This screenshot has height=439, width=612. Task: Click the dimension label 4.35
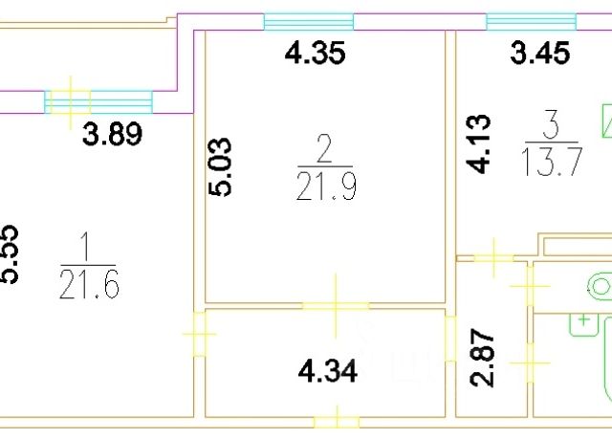[x=315, y=54]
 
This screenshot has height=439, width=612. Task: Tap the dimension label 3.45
[x=541, y=54]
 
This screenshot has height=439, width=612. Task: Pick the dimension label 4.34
[x=328, y=371]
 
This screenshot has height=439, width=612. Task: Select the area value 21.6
[x=89, y=284]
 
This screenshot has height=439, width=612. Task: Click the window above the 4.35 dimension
[x=308, y=22]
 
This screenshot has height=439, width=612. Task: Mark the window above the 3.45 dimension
[x=532, y=21]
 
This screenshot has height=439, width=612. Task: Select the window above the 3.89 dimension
[x=98, y=100]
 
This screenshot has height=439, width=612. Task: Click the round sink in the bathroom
[x=601, y=287]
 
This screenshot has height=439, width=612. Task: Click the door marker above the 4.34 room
[x=336, y=305]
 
